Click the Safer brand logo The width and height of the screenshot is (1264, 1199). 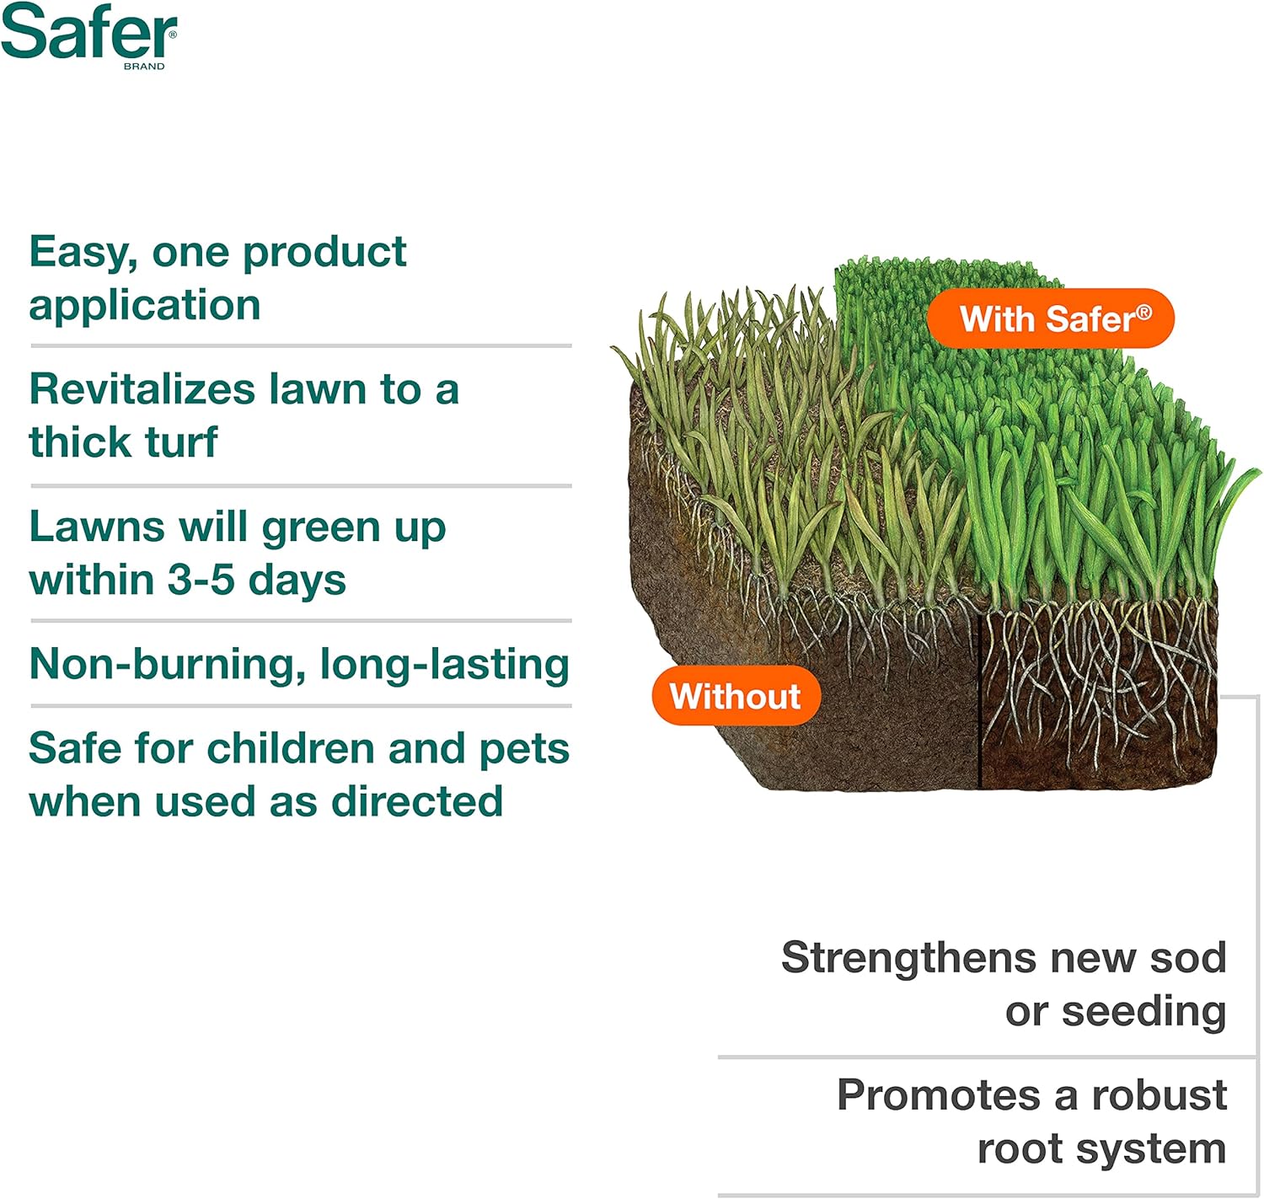(x=88, y=35)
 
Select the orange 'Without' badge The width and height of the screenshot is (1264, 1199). (x=736, y=696)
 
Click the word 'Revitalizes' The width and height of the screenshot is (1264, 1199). (x=142, y=389)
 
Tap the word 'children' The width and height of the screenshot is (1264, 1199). (x=291, y=749)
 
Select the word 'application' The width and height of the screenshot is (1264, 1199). (x=145, y=306)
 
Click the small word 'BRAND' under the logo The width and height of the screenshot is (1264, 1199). (x=144, y=67)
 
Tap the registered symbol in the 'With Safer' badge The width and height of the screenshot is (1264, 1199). (x=1143, y=313)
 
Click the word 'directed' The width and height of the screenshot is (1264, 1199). (x=416, y=802)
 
